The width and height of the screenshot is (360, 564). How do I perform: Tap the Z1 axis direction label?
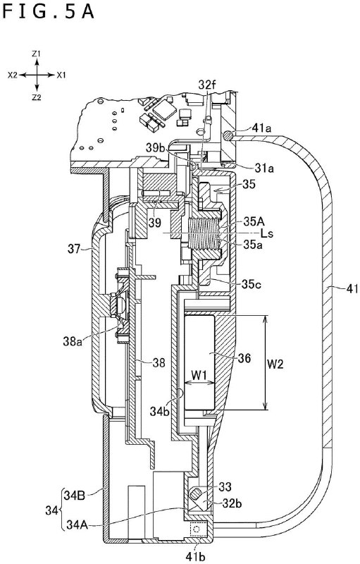pos(37,54)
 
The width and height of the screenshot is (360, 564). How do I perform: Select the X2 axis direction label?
pos(13,74)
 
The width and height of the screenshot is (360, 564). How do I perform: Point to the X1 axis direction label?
pos(61,74)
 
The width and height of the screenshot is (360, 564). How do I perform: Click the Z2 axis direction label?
pos(37,97)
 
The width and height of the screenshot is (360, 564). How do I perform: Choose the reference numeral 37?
pos(75,247)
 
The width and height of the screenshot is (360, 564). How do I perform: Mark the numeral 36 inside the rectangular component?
pos(243,357)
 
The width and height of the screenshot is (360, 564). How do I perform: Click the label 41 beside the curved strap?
pos(340,287)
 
